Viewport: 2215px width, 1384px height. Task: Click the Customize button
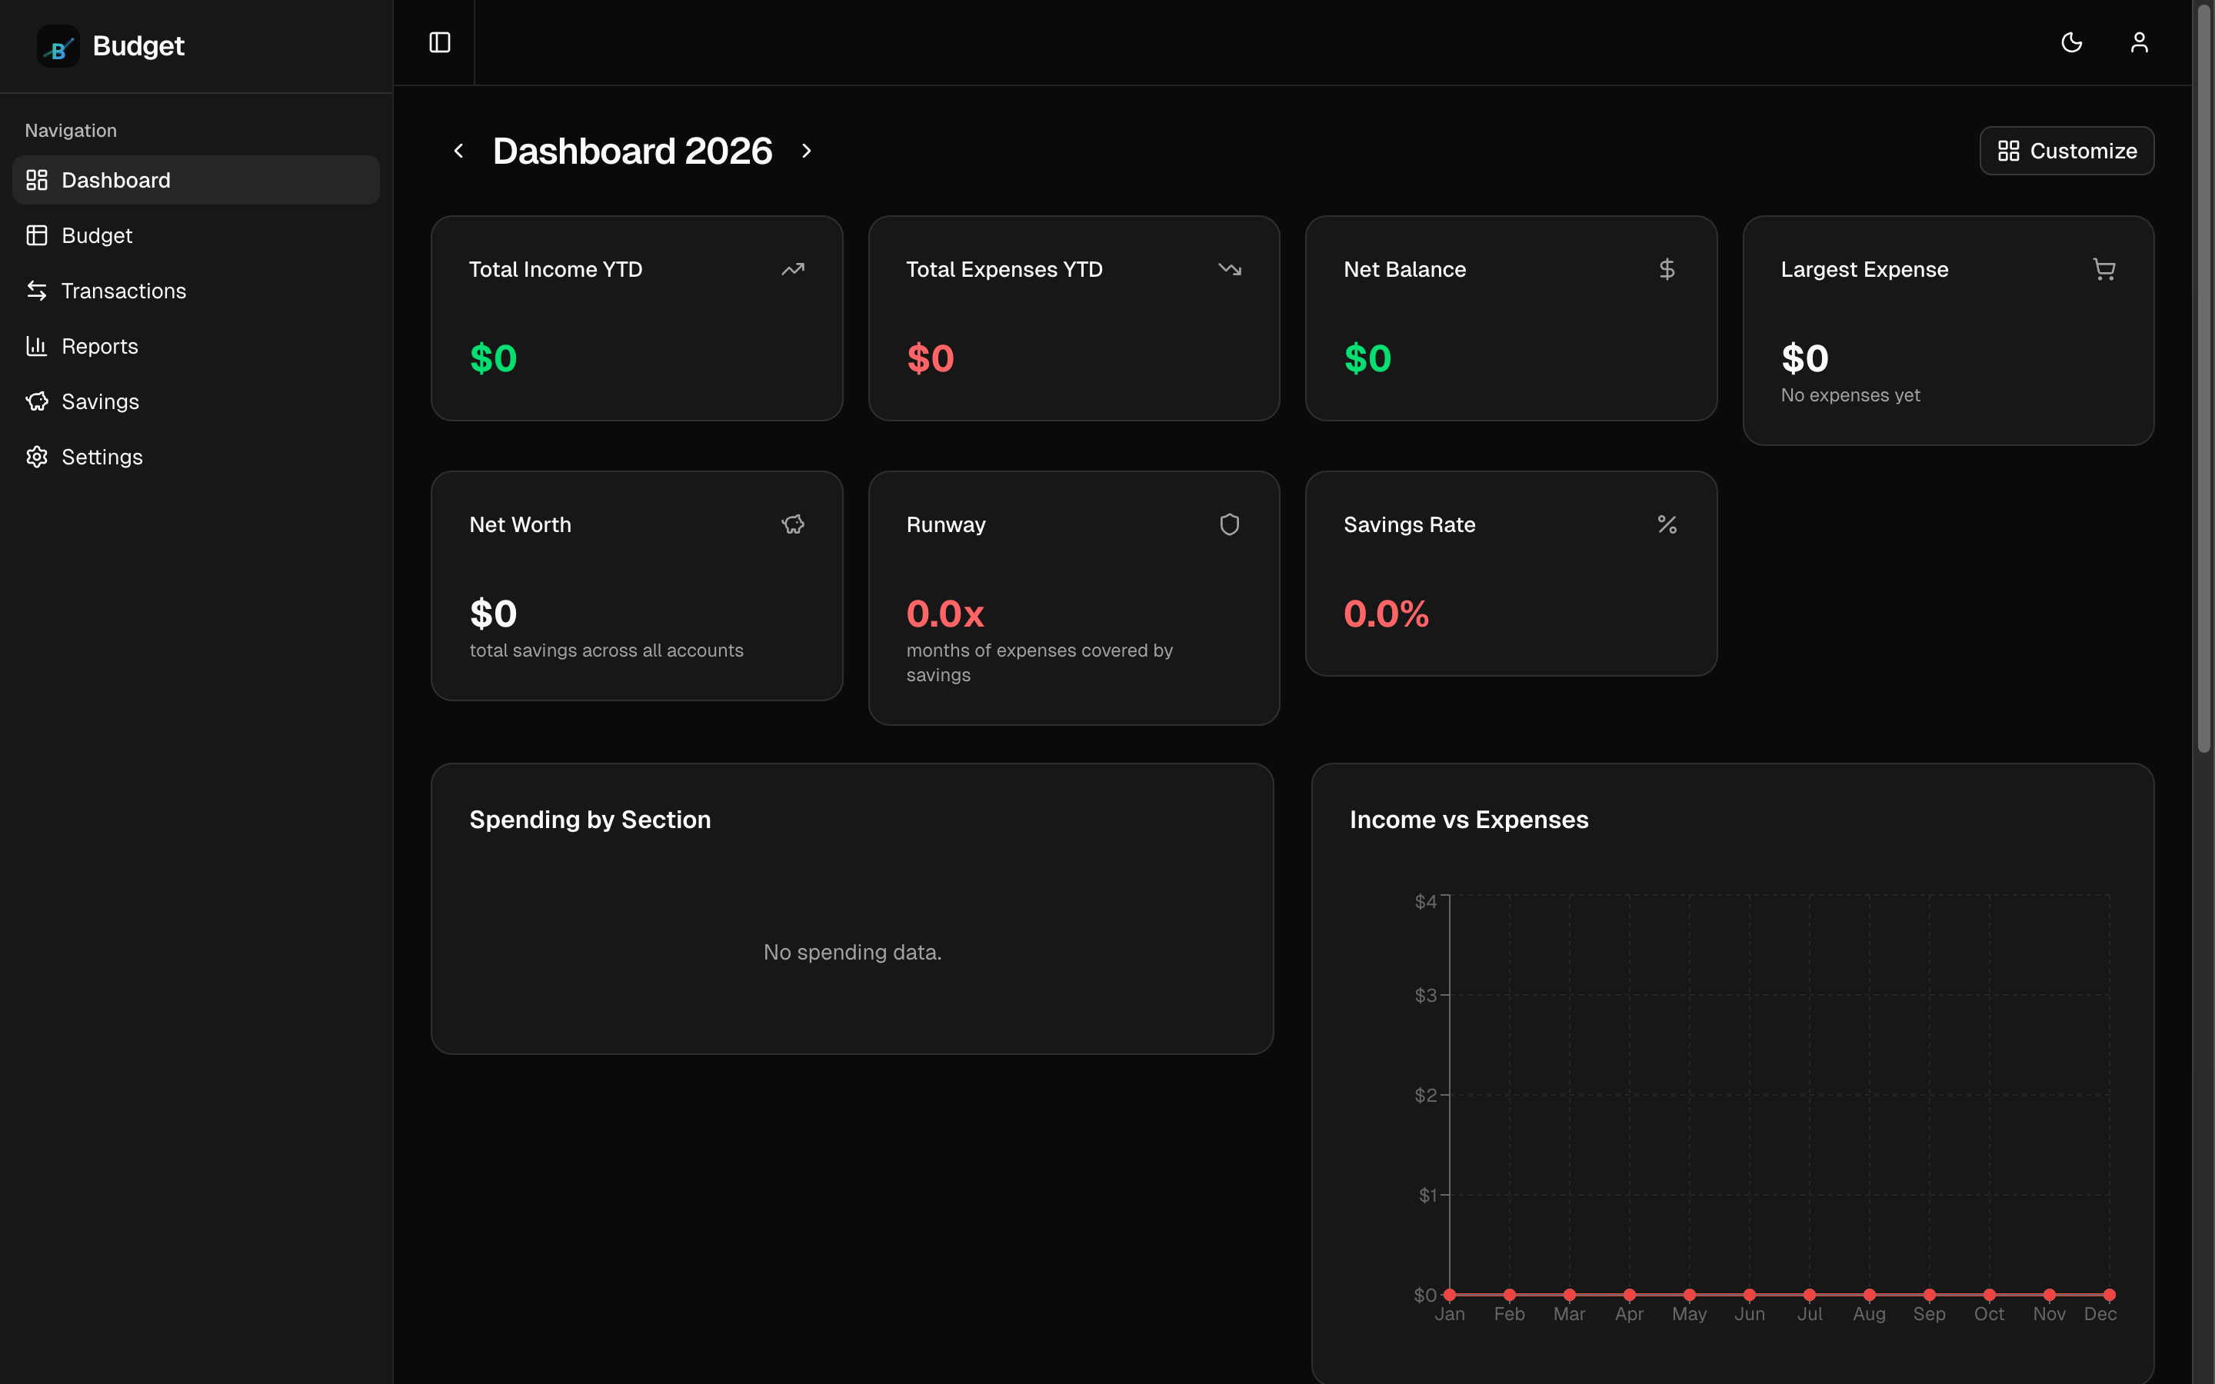pyautogui.click(x=2066, y=151)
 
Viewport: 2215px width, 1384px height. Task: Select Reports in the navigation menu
pyautogui.click(x=99, y=346)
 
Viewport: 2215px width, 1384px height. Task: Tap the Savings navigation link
pyautogui.click(x=100, y=402)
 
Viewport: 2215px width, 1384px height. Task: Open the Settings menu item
pyautogui.click(x=102, y=457)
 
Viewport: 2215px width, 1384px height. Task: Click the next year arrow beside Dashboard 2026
pyautogui.click(x=806, y=151)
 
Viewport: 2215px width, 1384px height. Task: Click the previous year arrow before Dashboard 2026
pyautogui.click(x=458, y=151)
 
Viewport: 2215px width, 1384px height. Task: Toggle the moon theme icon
pyautogui.click(x=2071, y=43)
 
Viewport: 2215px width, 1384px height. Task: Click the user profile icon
pyautogui.click(x=2139, y=43)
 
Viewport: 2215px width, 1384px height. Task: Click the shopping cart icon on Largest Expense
pyautogui.click(x=2103, y=269)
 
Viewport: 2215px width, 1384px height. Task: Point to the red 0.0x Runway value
pyautogui.click(x=944, y=614)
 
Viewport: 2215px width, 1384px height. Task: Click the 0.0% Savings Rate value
pyautogui.click(x=1385, y=614)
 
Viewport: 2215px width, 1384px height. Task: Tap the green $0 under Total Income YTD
pyautogui.click(x=493, y=358)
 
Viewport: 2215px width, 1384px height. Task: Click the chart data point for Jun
pyautogui.click(x=1749, y=1294)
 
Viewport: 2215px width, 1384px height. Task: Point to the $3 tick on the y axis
pyautogui.click(x=1425, y=995)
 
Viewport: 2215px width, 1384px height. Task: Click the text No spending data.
pyautogui.click(x=852, y=952)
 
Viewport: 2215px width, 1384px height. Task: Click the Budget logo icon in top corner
pyautogui.click(x=58, y=46)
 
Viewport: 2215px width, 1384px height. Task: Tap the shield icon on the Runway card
pyautogui.click(x=1229, y=524)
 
